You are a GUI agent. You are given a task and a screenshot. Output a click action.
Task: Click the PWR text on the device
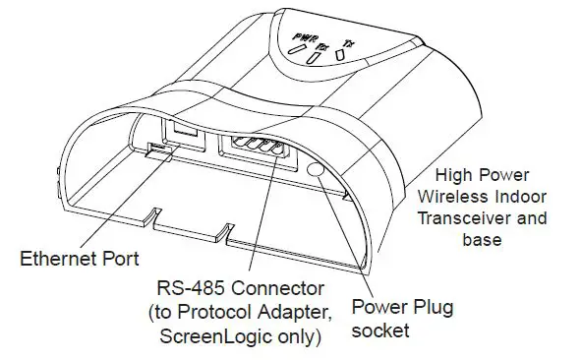(x=306, y=38)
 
